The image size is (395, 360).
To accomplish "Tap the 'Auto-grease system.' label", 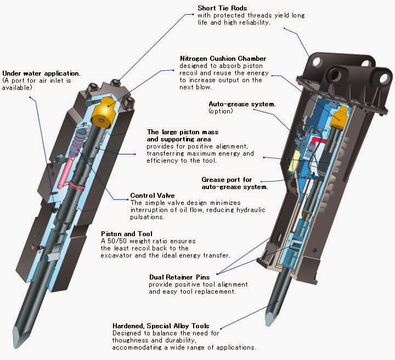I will (234, 104).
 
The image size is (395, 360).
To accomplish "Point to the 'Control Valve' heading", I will (153, 196).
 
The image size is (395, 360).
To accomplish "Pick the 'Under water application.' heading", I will (41, 73).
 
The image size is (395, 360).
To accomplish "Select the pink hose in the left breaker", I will (65, 167).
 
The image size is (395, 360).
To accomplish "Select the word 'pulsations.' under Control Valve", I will (148, 217).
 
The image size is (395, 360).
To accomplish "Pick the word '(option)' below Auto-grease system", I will (221, 111).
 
